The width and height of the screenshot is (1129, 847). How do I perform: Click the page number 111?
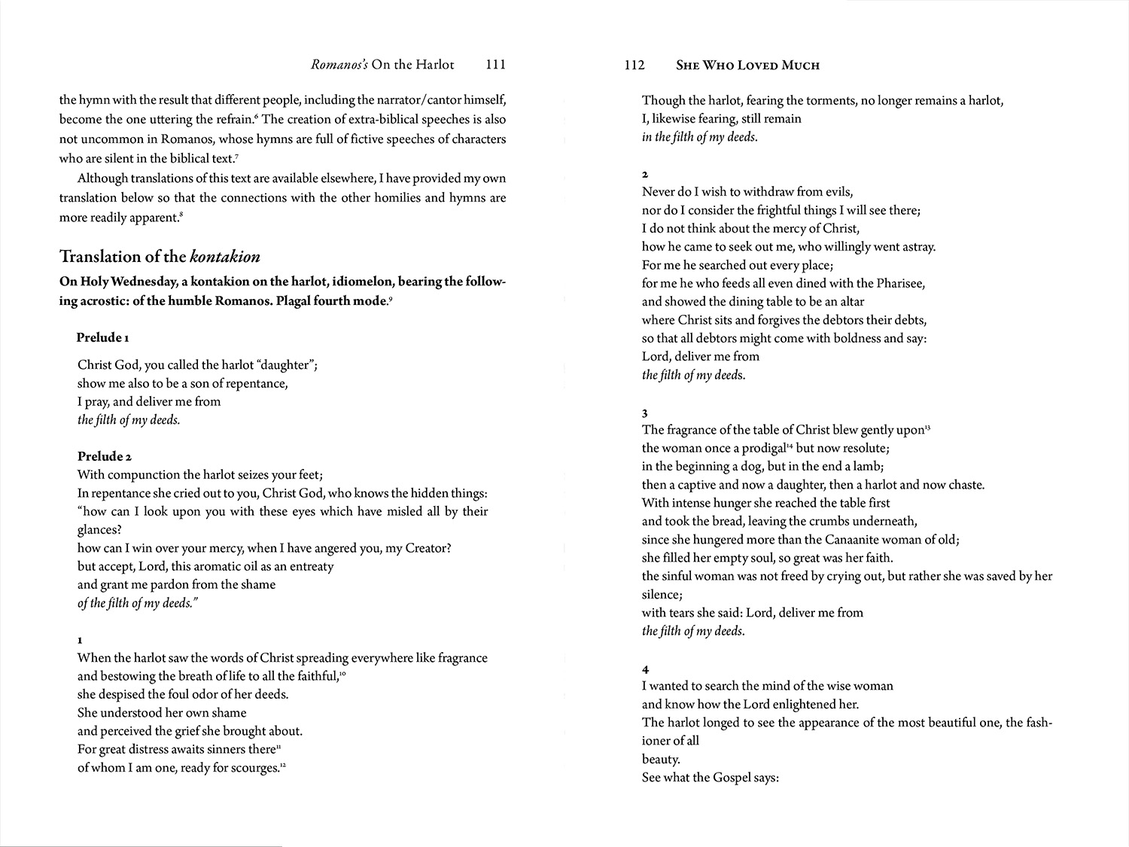pyautogui.click(x=495, y=65)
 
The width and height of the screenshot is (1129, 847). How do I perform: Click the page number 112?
pyautogui.click(x=634, y=65)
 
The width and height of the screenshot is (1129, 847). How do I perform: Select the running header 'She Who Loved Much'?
pyautogui.click(x=747, y=66)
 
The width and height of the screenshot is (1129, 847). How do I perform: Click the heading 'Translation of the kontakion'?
pyautogui.click(x=160, y=257)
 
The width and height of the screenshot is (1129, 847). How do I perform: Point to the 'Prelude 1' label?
pyautogui.click(x=103, y=337)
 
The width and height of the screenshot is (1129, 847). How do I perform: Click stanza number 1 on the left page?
pyautogui.click(x=81, y=641)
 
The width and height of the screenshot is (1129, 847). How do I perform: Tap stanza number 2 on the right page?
pyautogui.click(x=645, y=175)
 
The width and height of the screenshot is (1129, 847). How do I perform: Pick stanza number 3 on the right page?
pyautogui.click(x=645, y=413)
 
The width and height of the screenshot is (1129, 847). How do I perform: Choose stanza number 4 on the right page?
pyautogui.click(x=645, y=669)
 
